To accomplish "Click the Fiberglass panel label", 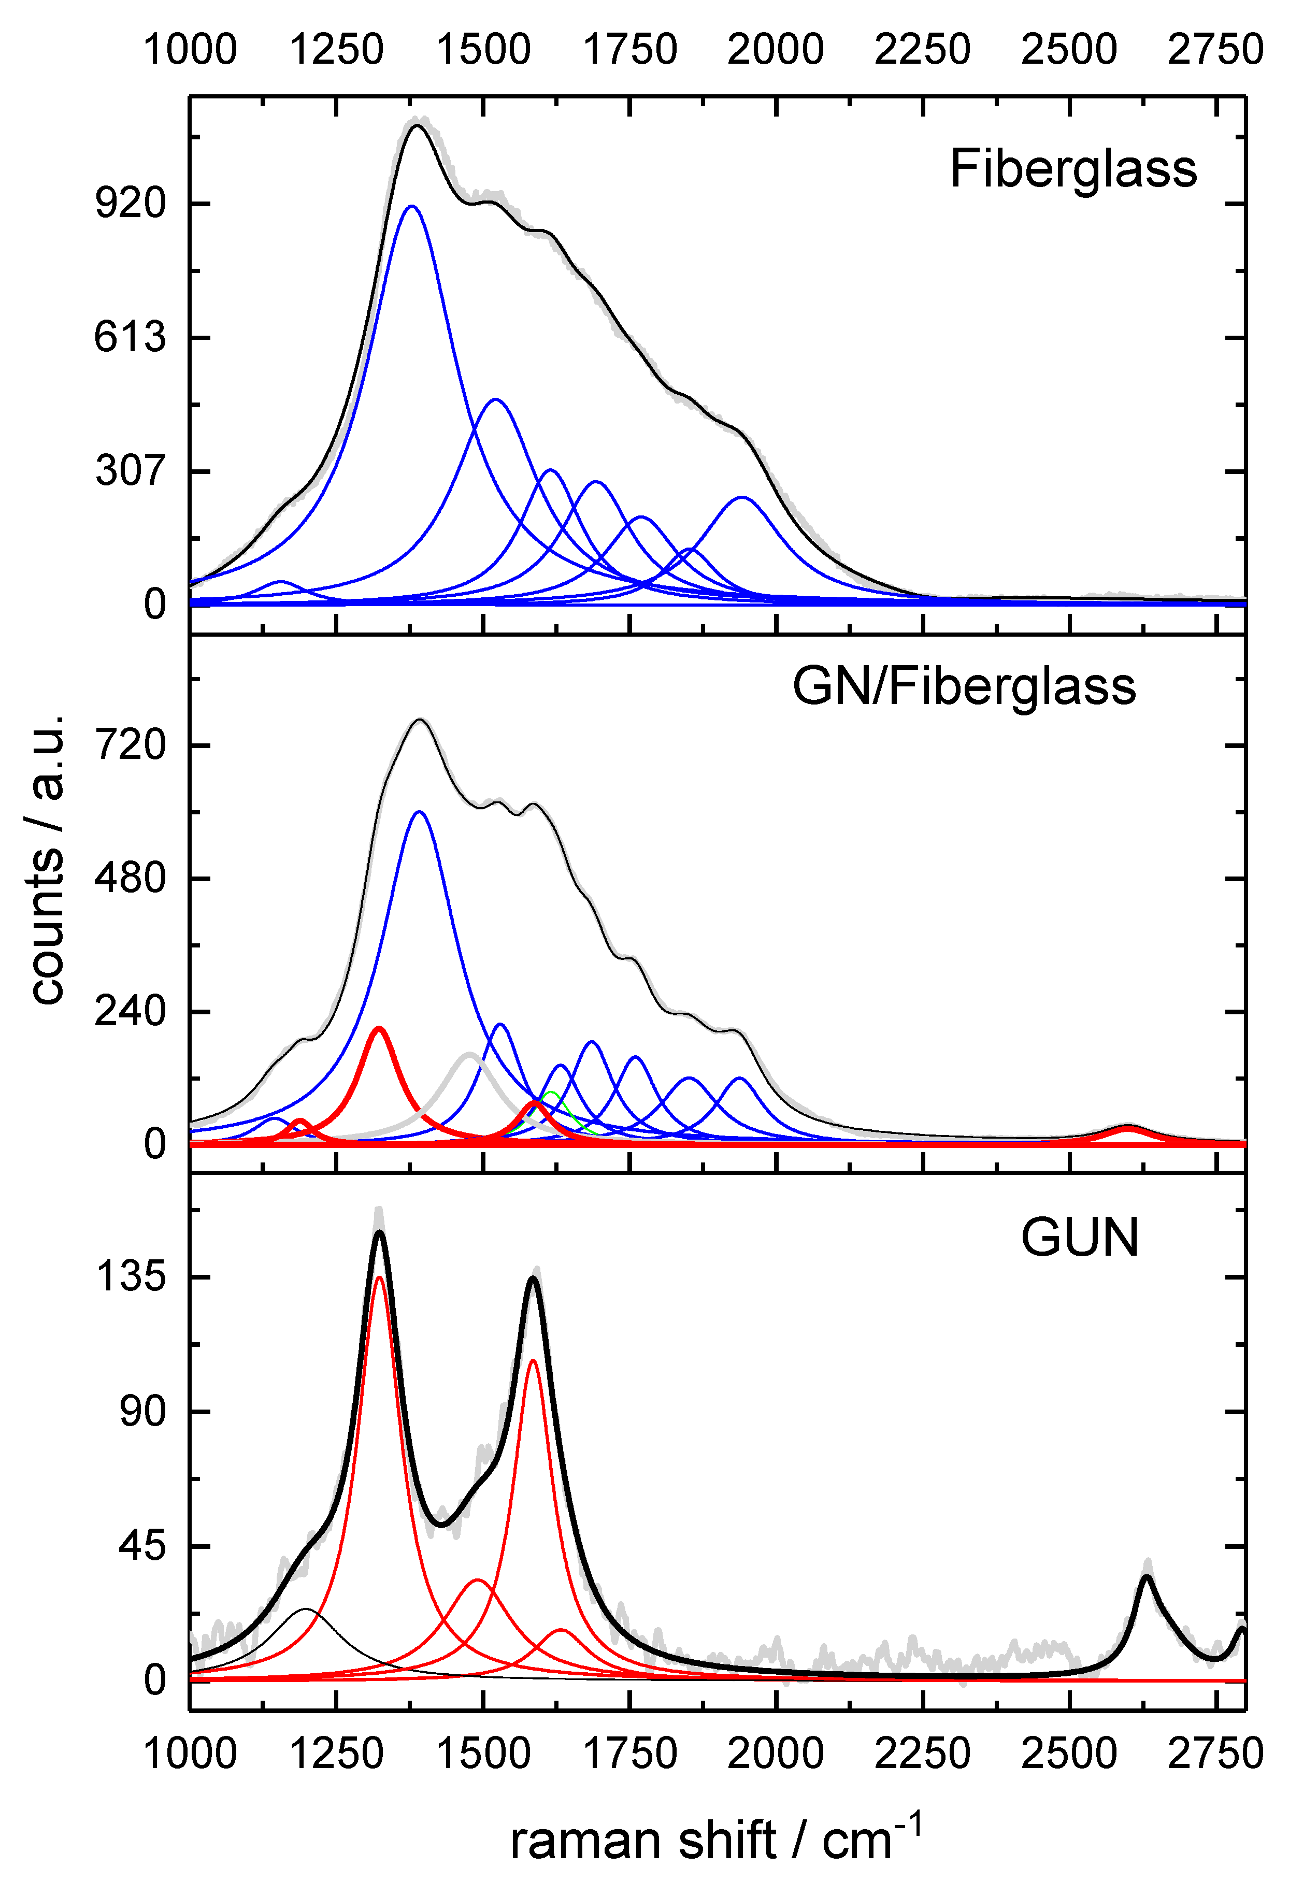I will click(1073, 169).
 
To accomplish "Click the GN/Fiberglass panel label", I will click(964, 687).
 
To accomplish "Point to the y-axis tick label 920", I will click(131, 203).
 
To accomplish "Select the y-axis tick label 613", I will click(131, 336).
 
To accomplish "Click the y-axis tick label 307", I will click(131, 470).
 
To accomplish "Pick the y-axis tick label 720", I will click(131, 744).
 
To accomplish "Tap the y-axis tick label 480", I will click(131, 878).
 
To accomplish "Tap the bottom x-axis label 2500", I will click(1069, 1754).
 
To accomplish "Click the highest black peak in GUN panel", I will click(378, 1234).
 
